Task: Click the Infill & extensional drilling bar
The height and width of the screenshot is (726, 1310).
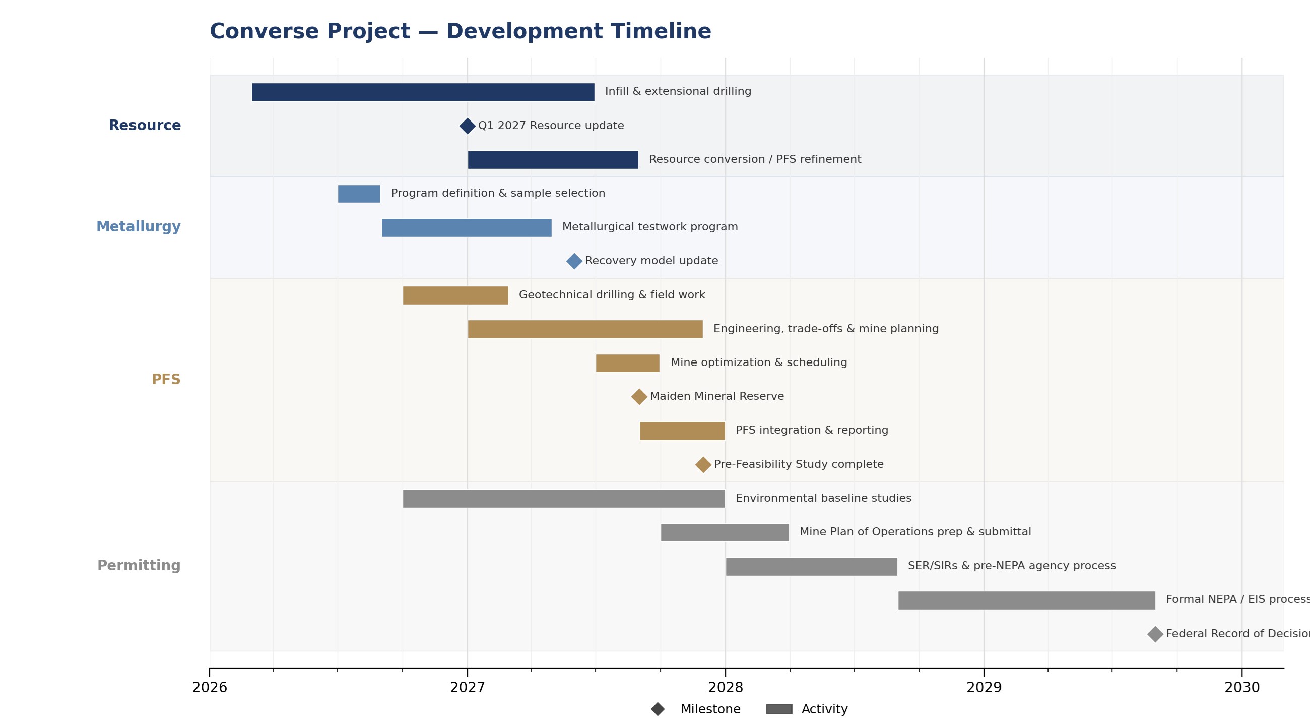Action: (423, 92)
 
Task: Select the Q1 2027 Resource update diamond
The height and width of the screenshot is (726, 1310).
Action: (468, 126)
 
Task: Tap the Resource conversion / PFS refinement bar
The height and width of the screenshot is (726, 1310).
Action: (553, 160)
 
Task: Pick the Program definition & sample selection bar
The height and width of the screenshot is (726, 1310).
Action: (359, 194)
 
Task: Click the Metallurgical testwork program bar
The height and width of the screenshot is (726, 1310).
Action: (467, 228)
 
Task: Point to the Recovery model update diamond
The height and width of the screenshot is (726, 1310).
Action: (574, 261)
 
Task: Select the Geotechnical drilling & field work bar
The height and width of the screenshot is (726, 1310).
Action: (455, 295)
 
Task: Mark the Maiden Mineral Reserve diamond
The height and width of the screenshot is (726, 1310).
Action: (639, 397)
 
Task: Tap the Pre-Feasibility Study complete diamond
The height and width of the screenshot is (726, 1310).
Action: (703, 465)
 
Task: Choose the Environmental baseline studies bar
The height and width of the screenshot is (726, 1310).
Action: (564, 499)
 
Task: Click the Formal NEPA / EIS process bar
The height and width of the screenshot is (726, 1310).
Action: (1027, 600)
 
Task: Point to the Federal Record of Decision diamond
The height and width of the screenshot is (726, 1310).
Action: (1155, 634)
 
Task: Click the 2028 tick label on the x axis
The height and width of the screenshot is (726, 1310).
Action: (726, 688)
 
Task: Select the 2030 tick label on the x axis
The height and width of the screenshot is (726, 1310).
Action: (1242, 688)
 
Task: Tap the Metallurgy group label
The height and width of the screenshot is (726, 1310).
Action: (139, 227)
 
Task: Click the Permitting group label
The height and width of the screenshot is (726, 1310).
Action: (139, 566)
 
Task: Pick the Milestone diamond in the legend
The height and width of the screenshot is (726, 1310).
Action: (658, 709)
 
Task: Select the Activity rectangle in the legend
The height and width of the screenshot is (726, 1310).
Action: (779, 709)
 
